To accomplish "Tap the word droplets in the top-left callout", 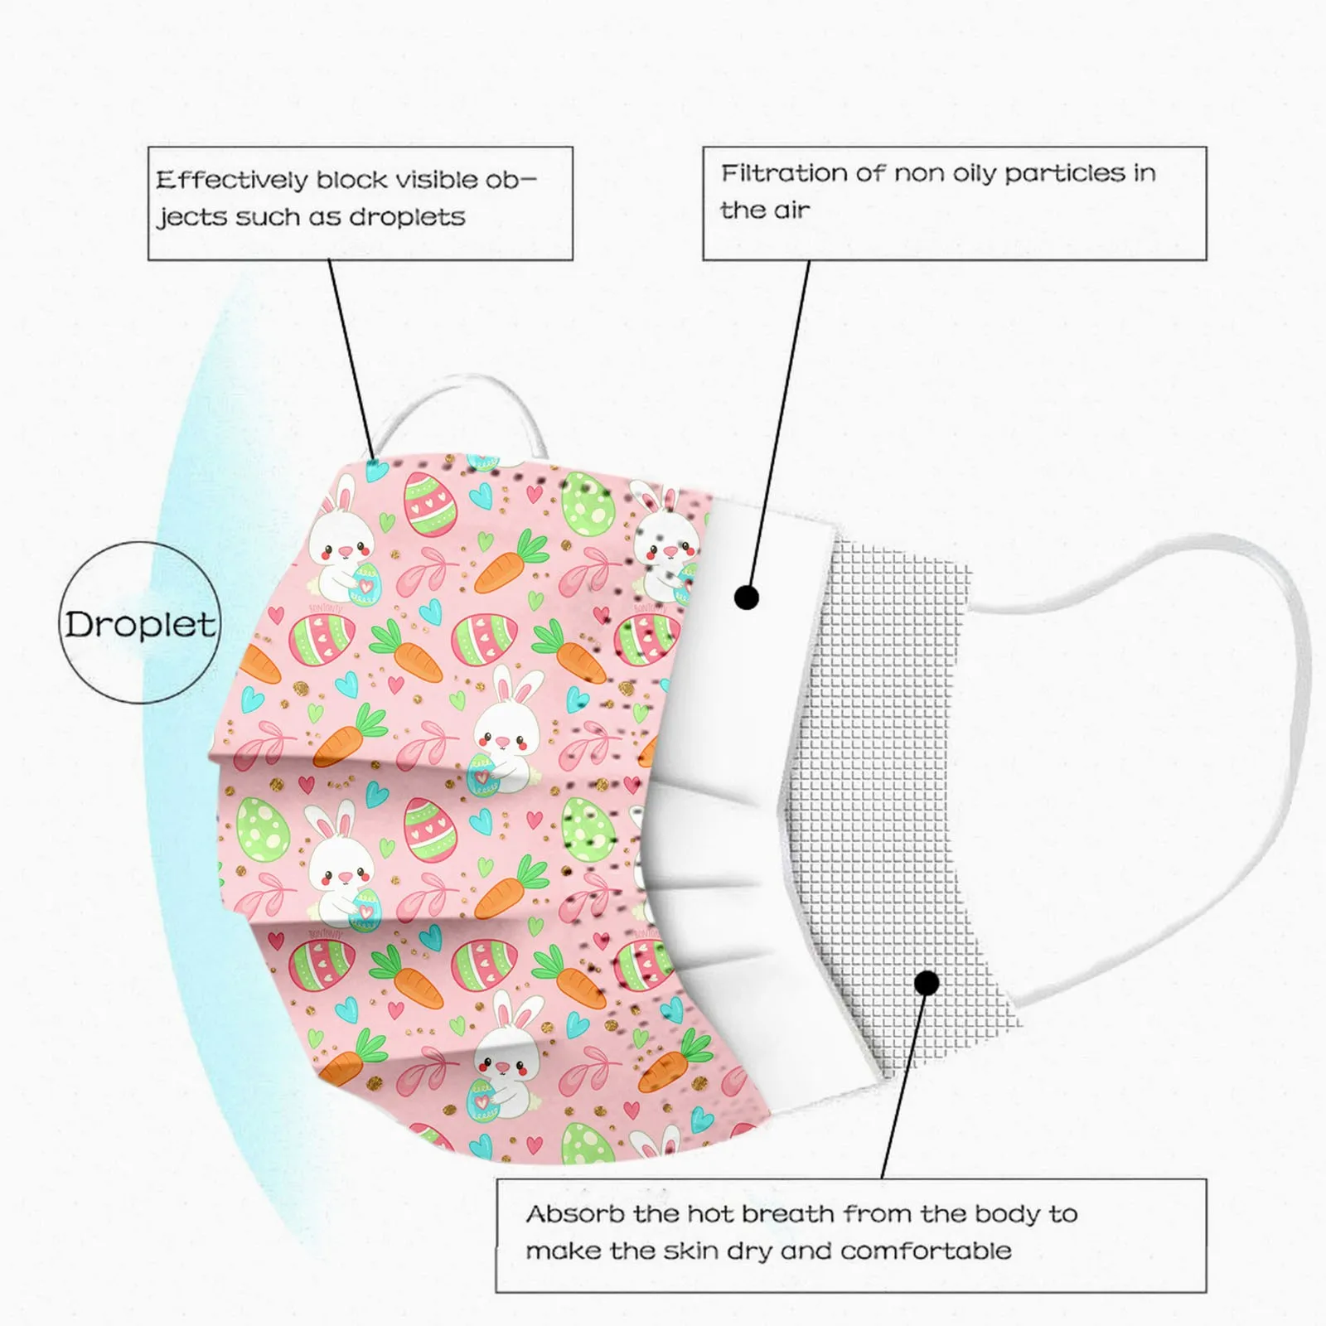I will pos(407,217).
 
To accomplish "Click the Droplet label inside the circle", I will pos(140,624).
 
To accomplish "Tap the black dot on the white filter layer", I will pos(747,597).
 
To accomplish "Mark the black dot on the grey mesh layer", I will pos(927,984).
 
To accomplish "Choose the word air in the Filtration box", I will pos(791,211).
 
